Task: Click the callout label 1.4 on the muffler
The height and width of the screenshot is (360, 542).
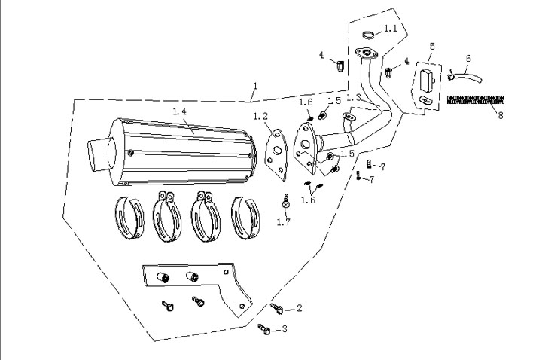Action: point(181,111)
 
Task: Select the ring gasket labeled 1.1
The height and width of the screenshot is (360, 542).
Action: point(369,33)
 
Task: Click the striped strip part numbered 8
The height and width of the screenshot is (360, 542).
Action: point(476,99)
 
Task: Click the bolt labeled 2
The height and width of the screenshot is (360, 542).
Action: point(277,307)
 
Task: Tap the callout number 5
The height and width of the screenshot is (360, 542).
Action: point(431,47)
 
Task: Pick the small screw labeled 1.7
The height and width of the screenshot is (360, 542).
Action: point(285,202)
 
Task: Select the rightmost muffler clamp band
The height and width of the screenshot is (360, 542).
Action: point(247,218)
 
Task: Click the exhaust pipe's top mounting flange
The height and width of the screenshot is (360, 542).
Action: point(368,53)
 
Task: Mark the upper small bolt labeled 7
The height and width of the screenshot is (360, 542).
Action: point(368,164)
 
